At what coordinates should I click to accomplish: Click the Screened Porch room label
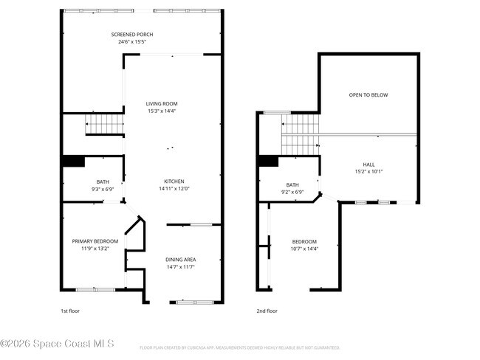[132, 35]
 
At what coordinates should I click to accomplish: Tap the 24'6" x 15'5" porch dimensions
[132, 42]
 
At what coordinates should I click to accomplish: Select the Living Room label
[161, 103]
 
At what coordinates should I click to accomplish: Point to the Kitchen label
[174, 181]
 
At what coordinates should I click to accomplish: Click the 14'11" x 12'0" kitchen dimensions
[174, 189]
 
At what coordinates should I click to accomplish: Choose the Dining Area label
[180, 260]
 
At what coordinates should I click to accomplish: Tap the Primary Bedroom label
[95, 241]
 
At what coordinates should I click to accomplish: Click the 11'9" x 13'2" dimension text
[95, 249]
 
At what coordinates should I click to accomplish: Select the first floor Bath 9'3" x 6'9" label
[102, 185]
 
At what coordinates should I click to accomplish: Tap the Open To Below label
[368, 95]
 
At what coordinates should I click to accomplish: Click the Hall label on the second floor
[368, 165]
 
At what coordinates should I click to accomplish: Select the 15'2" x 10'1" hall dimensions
[368, 172]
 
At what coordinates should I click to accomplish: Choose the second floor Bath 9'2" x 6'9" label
[292, 189]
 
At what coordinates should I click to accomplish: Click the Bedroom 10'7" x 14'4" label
[304, 245]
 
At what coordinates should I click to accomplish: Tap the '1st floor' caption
[69, 311]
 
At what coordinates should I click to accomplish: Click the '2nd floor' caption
[267, 311]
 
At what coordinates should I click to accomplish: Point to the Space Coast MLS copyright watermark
[58, 344]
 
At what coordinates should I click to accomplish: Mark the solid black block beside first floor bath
[72, 161]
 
